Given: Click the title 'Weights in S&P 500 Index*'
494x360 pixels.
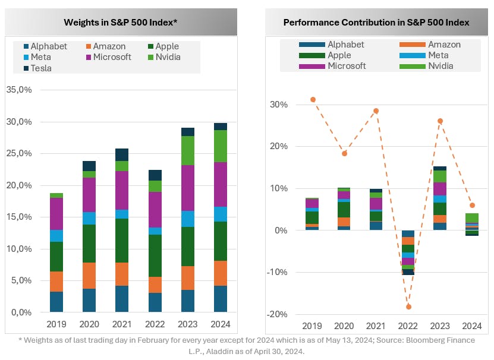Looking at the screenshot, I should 121,23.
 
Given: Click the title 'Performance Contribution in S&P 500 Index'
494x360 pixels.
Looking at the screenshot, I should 376,23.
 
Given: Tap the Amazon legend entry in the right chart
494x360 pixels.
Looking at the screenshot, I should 445,45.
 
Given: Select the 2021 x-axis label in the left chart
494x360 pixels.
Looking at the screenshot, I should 121,325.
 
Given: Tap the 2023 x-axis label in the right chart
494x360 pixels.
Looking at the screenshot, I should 440,326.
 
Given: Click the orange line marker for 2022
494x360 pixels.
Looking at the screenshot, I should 408,307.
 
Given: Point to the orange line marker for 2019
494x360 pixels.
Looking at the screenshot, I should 313,99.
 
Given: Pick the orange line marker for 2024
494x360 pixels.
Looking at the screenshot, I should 472,206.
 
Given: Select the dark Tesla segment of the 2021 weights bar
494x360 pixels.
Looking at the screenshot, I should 121,154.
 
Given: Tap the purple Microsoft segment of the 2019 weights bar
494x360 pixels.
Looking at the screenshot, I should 56,213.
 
